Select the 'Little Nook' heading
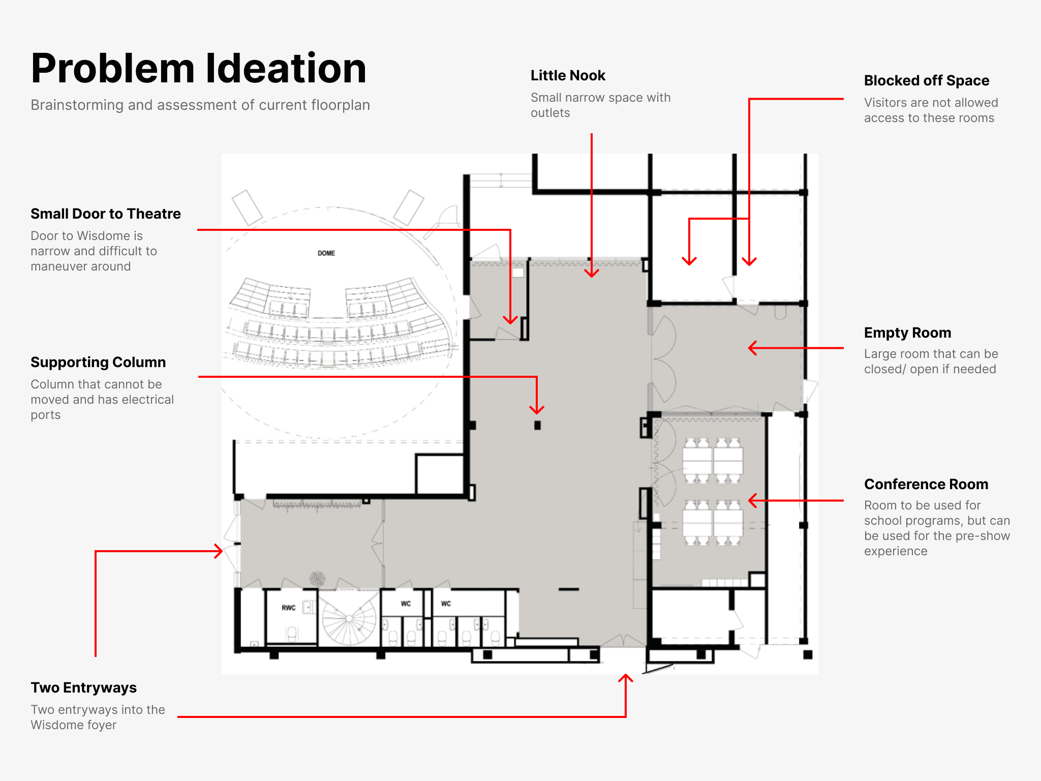pyautogui.click(x=568, y=76)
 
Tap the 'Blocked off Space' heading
pyautogui.click(x=926, y=81)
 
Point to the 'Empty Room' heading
pyautogui.click(x=907, y=333)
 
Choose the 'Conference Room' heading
pyautogui.click(x=926, y=485)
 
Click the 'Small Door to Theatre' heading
pyautogui.click(x=106, y=214)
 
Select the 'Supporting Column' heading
pyautogui.click(x=98, y=363)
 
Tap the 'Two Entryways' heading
pyautogui.click(x=83, y=688)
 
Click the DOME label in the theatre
pyautogui.click(x=326, y=253)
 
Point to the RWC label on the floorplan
pyautogui.click(x=288, y=608)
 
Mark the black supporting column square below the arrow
pyautogui.click(x=537, y=425)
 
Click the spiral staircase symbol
pyautogui.click(x=349, y=618)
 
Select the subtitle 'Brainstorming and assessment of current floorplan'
pyautogui.click(x=200, y=105)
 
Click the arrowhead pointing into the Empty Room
pyautogui.click(x=751, y=348)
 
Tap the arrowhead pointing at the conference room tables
pyautogui.click(x=751, y=500)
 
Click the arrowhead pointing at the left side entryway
pyautogui.click(x=220, y=551)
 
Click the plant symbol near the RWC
pyautogui.click(x=318, y=579)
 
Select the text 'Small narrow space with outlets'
pyautogui.click(x=600, y=105)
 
